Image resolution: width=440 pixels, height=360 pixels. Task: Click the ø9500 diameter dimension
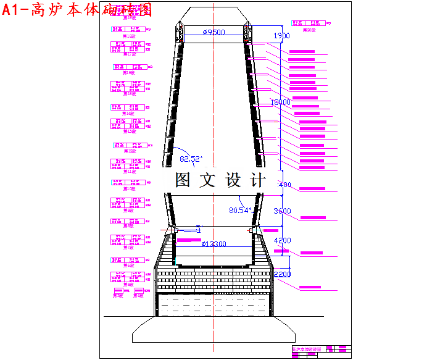click(x=214, y=32)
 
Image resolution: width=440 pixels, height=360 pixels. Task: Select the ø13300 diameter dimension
click(x=214, y=244)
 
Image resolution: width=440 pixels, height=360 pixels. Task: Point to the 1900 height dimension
click(x=281, y=36)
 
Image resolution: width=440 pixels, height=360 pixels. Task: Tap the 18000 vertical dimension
click(x=281, y=102)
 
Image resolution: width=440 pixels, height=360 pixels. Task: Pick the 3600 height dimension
click(x=282, y=211)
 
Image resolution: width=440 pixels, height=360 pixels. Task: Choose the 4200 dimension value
click(x=282, y=240)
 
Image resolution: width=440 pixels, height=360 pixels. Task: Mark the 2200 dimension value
click(x=282, y=274)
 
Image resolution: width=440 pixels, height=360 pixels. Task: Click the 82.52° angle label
click(x=191, y=159)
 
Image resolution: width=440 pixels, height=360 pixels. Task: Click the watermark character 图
click(x=185, y=180)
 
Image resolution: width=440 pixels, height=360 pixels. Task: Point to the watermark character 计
click(x=257, y=180)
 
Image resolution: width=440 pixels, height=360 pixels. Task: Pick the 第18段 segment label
click(x=129, y=36)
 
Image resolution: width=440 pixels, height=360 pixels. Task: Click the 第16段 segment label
click(x=130, y=73)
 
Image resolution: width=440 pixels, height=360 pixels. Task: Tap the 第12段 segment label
click(x=130, y=151)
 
